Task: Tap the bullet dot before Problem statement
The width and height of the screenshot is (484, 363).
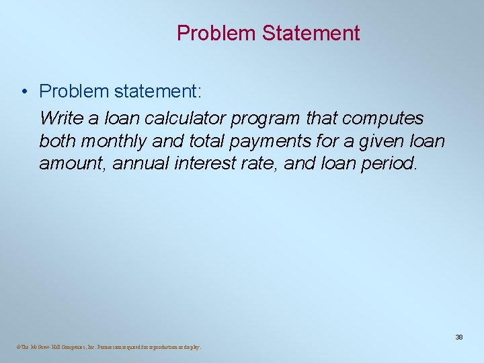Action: tap(24, 91)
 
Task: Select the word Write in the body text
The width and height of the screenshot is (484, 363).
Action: tap(60, 118)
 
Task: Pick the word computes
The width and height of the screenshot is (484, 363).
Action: tap(383, 120)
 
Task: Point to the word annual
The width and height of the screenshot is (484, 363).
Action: tap(133, 164)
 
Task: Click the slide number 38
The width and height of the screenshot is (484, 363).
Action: tap(458, 337)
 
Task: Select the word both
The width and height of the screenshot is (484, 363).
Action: tap(56, 141)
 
